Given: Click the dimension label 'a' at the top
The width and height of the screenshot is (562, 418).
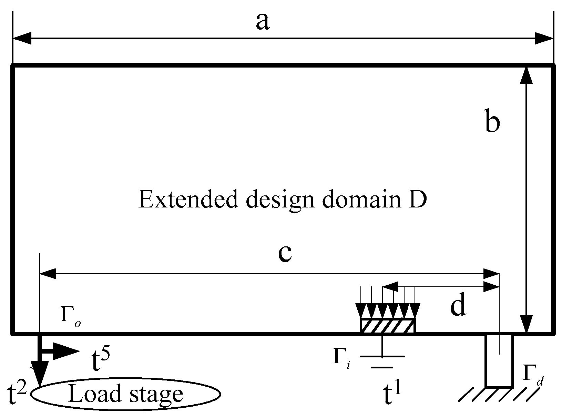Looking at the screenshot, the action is tap(263, 22).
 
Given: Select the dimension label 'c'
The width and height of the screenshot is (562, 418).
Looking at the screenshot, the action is tap(285, 253).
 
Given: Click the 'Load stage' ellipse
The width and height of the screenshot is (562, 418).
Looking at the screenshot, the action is tap(125, 393).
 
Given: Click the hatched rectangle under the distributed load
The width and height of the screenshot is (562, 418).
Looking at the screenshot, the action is tap(388, 326).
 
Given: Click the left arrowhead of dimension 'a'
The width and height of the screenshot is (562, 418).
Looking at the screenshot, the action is tap(22, 39).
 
